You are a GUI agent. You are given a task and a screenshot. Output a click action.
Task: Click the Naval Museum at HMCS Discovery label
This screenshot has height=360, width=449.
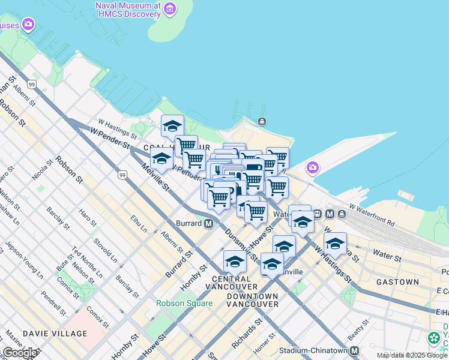pyautogui.click(x=128, y=9)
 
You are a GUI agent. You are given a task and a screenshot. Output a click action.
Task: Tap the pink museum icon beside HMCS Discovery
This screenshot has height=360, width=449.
pyautogui.click(x=170, y=8)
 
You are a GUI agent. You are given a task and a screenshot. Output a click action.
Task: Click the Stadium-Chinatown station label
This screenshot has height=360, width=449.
pyautogui.click(x=314, y=350)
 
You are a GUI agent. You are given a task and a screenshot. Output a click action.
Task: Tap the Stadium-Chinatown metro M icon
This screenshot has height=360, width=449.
pyautogui.click(x=355, y=350)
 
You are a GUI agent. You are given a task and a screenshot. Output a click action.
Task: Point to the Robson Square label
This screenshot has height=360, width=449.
pyautogui.click(x=184, y=303)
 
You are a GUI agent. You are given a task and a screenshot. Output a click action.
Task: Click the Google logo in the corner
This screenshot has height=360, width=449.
pyautogui.click(x=20, y=353)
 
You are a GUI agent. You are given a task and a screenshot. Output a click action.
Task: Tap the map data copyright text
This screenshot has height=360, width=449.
pyautogui.click(x=412, y=355)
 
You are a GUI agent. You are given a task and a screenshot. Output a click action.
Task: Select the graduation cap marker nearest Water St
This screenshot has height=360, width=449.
pyautogui.click(x=335, y=244)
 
